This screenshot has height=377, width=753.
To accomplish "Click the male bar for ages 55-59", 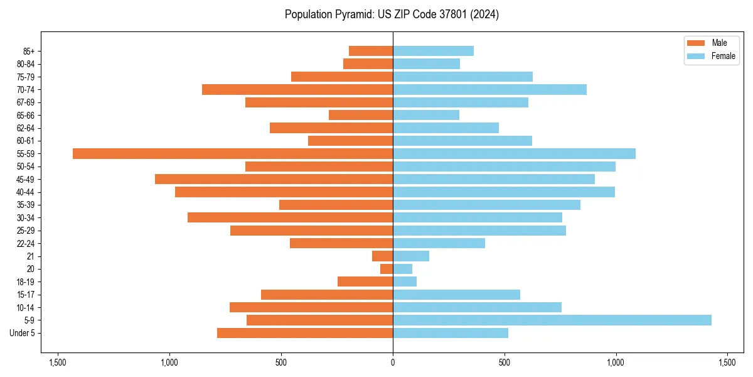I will (x=232, y=153).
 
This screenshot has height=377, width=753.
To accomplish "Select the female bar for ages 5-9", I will (x=552, y=320).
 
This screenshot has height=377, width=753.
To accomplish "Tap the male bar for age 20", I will (x=387, y=269).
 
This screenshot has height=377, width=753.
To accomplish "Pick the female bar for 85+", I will (x=433, y=51).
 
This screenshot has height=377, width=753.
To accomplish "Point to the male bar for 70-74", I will (x=297, y=89).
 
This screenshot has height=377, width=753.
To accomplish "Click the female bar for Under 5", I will (x=451, y=333).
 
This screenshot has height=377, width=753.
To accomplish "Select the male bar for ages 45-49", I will (x=274, y=179).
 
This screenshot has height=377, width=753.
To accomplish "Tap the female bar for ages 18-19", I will (x=405, y=281).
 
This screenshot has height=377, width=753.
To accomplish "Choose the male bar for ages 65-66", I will (x=361, y=115).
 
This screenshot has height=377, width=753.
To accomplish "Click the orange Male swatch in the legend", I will (x=696, y=43).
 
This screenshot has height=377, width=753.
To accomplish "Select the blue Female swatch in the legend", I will (x=696, y=56).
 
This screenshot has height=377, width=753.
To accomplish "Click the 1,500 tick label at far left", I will (x=58, y=363).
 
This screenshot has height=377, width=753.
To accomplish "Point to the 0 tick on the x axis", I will (x=393, y=363).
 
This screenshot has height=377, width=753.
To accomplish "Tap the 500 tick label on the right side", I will (x=504, y=363).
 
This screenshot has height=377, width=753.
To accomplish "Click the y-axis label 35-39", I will (x=26, y=205).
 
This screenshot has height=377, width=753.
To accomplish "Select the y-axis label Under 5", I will (x=23, y=333).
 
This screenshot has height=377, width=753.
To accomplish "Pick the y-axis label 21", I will (x=30, y=256).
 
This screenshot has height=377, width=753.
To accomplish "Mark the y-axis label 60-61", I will (x=26, y=141).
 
